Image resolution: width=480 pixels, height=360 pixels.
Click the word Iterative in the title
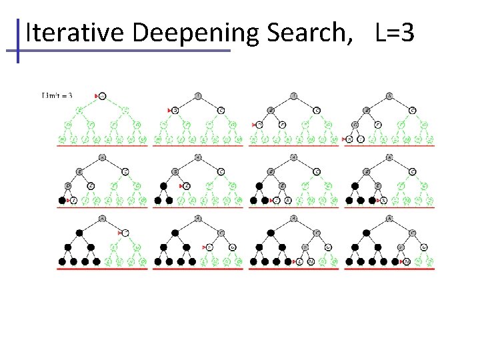tap(63, 32)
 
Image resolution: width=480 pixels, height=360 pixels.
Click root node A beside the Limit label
tap(103, 96)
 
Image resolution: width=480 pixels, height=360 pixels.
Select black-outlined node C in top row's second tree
tap(221, 110)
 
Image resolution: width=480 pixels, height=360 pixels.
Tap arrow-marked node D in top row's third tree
tap(261, 125)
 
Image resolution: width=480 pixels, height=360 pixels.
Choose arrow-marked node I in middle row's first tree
tap(73, 200)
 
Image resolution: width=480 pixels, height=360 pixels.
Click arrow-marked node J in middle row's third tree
tap(277, 200)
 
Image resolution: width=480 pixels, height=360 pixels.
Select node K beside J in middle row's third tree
tap(288, 200)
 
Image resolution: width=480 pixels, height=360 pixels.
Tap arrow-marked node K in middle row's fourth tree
tap(384, 200)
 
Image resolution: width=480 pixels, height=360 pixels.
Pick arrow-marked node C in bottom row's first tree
tap(125, 232)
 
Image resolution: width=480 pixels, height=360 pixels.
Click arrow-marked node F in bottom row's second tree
tap(210, 247)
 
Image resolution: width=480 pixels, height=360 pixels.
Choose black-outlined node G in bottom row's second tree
tap(233, 247)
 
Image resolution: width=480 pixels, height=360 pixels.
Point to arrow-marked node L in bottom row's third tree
tap(300, 262)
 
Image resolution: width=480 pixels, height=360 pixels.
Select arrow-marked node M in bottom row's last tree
tap(407, 262)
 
